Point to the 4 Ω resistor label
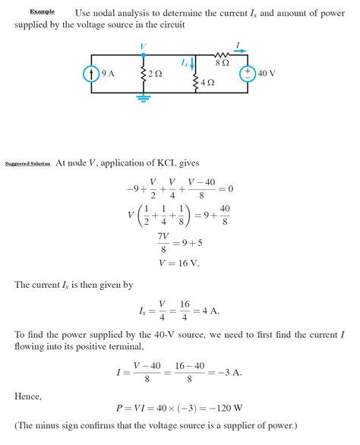tap(207, 81)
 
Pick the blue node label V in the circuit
tap(143, 47)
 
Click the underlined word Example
tap(42, 12)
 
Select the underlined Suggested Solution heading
tap(27, 163)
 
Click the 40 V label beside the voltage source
tap(267, 74)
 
